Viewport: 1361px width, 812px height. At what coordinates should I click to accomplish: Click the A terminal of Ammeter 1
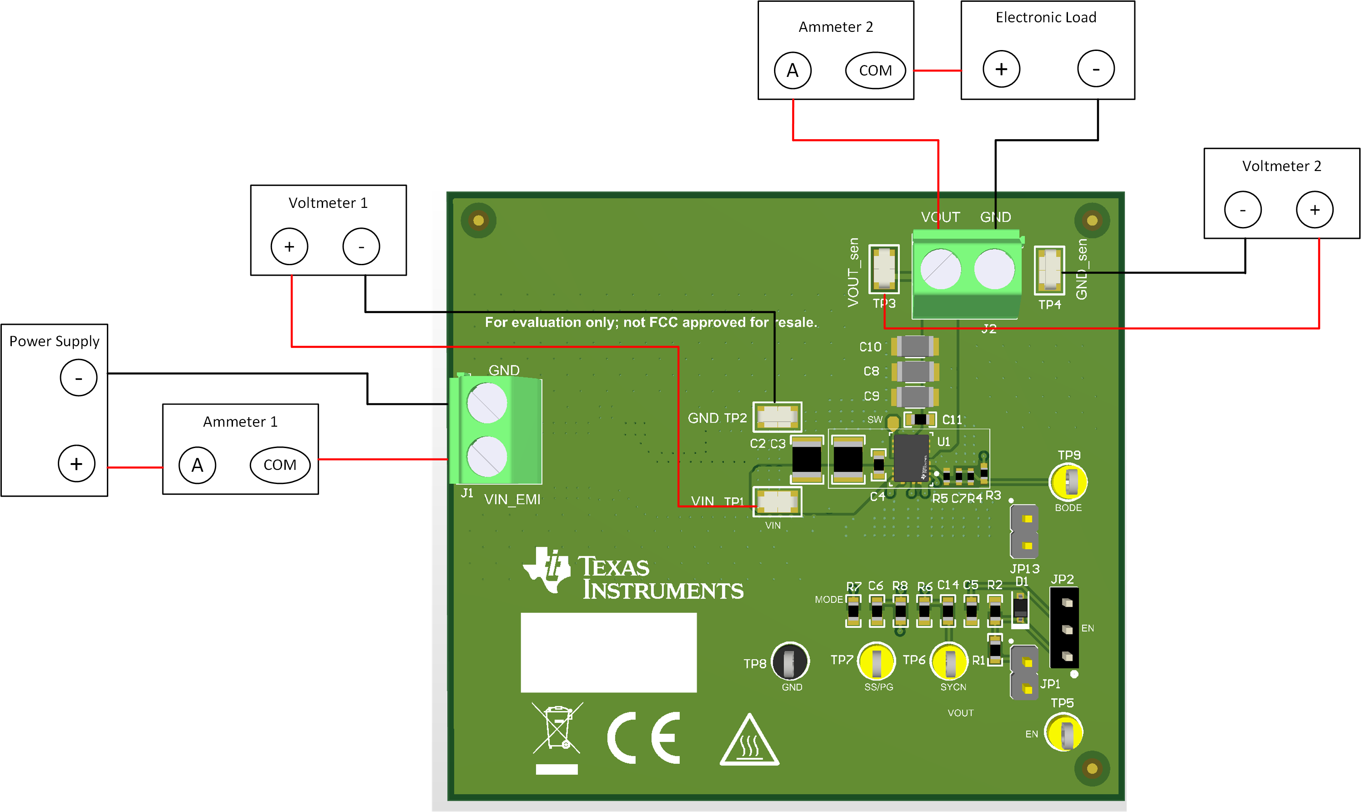tap(197, 465)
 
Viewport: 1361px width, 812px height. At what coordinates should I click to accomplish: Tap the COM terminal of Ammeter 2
tap(875, 71)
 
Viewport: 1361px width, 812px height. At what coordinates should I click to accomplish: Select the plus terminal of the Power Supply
tap(76, 464)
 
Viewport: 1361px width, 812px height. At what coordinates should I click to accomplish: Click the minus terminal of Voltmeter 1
tap(361, 247)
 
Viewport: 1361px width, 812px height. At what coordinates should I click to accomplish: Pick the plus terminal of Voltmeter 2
tap(1314, 210)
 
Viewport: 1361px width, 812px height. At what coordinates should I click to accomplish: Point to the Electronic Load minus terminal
tap(1096, 69)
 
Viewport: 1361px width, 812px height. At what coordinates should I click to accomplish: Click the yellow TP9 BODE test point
tap(1068, 481)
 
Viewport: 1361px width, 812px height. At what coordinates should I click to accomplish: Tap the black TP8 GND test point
tap(789, 661)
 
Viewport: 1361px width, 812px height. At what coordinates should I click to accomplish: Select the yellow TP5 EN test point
tap(1063, 732)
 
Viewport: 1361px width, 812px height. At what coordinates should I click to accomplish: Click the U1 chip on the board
tap(911, 459)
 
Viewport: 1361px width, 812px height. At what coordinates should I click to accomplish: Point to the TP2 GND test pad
tap(777, 417)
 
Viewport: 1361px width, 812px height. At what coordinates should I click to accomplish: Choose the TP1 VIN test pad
tap(777, 501)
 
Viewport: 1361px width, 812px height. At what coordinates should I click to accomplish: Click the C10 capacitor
tap(915, 346)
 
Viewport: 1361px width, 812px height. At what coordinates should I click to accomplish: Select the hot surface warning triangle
tap(749, 741)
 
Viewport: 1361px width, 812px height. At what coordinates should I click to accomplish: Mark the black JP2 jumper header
tap(1064, 628)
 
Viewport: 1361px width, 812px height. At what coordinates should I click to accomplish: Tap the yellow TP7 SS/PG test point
tap(876, 661)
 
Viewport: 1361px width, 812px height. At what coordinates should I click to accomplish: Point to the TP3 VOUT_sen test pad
tap(884, 269)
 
